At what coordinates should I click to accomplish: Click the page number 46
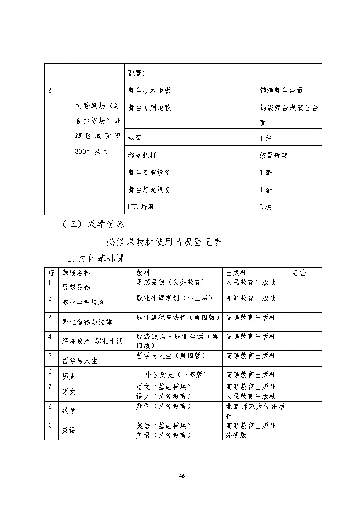pyautogui.click(x=181, y=476)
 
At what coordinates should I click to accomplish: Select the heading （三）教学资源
pyautogui.click(x=93, y=224)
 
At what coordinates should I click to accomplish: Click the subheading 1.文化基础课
pyautogui.click(x=96, y=258)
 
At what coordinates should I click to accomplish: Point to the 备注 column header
pyautogui.click(x=300, y=272)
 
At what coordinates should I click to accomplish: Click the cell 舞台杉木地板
pyautogui.click(x=150, y=91)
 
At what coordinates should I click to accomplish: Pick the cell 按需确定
pyautogui.click(x=274, y=155)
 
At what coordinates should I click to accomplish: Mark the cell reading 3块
pyautogui.click(x=265, y=207)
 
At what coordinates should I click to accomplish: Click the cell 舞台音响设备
pyautogui.click(x=150, y=172)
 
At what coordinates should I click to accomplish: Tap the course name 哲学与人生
pyautogui.click(x=79, y=361)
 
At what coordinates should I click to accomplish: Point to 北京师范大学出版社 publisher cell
pyautogui.click(x=255, y=411)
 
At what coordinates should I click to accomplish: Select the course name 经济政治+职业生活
pyautogui.click(x=92, y=341)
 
